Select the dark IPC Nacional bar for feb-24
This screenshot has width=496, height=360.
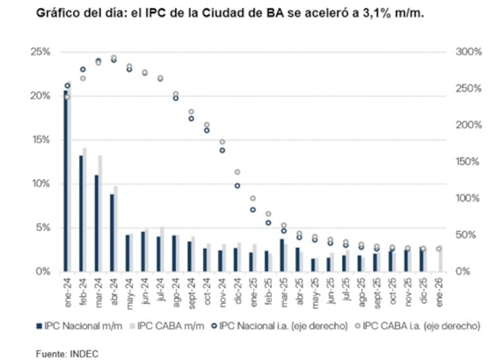coord(81,214)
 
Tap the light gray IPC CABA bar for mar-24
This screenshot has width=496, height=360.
coord(100,214)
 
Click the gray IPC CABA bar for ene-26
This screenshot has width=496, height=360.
coord(440,258)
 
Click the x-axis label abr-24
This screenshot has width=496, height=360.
coord(113,289)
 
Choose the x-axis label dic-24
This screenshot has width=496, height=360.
coord(237,288)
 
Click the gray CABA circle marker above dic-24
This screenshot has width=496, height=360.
coord(237,172)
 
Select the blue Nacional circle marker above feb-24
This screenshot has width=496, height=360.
coord(83,69)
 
